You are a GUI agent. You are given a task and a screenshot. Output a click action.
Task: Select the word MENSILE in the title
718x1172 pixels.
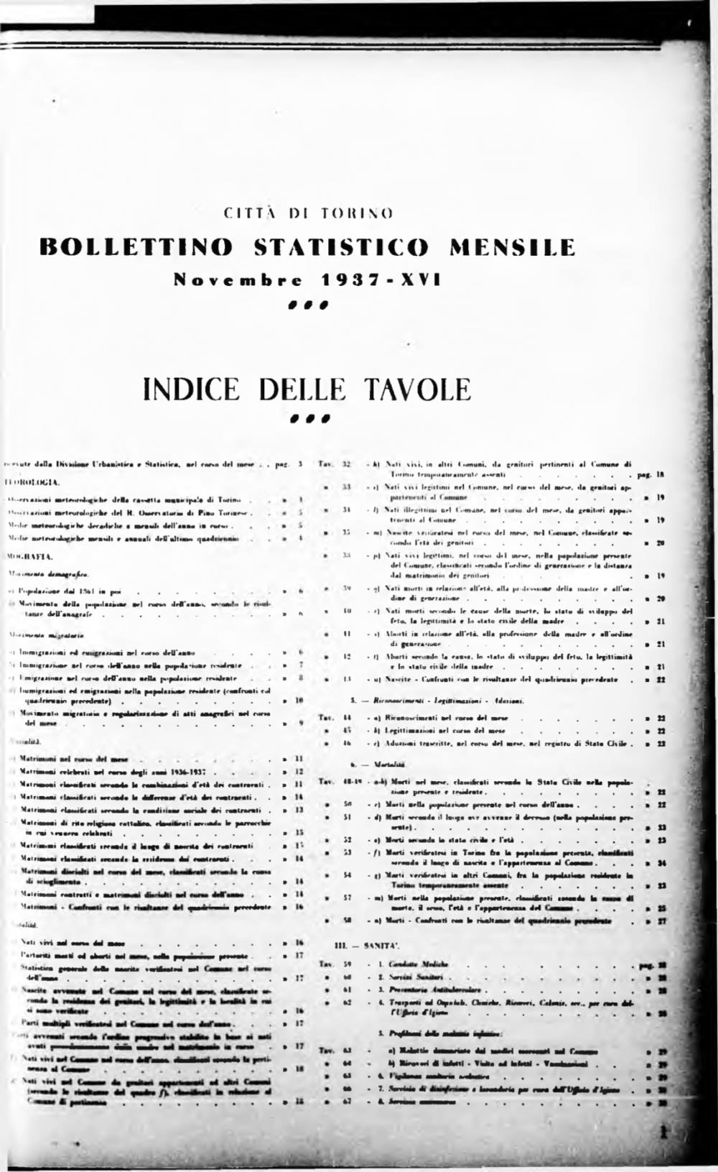[512, 247]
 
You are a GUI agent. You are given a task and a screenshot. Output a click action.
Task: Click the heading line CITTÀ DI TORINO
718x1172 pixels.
[309, 213]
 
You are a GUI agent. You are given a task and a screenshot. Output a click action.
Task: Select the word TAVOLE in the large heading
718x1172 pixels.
[419, 389]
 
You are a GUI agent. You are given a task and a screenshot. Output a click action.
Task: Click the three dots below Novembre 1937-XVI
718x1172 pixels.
[309, 304]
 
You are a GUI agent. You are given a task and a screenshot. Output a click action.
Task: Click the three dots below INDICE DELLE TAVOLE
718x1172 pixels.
[309, 417]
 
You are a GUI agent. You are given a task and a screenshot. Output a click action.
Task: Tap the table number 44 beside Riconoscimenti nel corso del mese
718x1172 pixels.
[346, 718]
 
